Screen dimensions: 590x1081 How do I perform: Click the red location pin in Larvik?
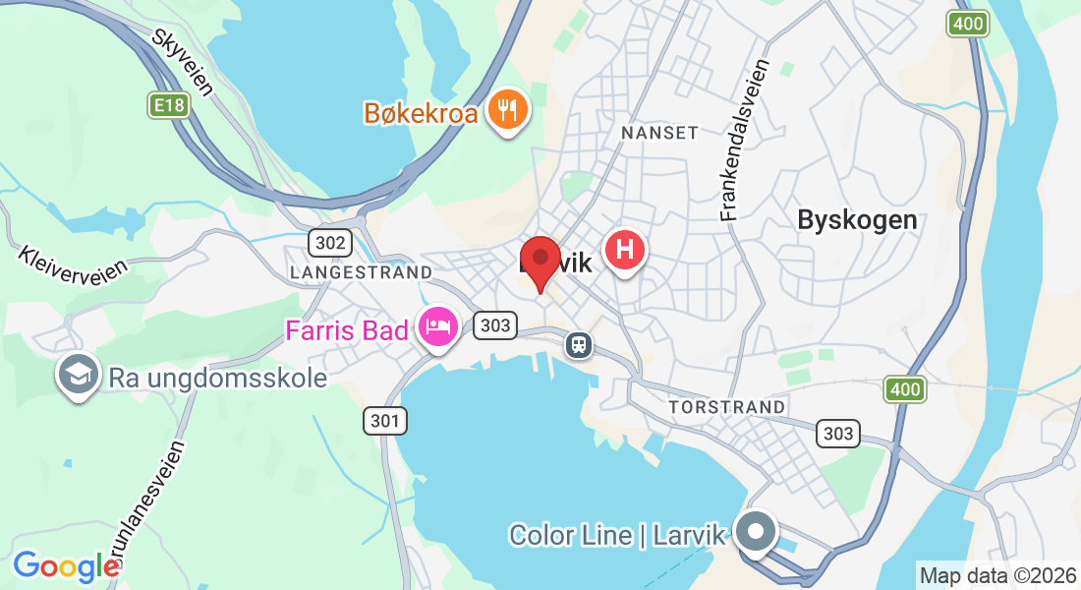(x=540, y=258)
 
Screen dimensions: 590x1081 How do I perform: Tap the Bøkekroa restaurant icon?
(x=507, y=109)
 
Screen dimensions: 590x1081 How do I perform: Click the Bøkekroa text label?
(x=421, y=113)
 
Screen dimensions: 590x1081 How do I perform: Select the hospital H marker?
(x=625, y=249)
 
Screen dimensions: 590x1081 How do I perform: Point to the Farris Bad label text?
(x=347, y=330)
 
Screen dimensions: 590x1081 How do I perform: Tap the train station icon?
(x=579, y=344)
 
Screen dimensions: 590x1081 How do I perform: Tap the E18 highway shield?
(x=168, y=105)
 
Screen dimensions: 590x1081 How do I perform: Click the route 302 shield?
(x=327, y=242)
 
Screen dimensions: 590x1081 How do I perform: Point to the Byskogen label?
(x=857, y=219)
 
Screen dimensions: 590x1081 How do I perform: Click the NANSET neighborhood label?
(x=659, y=132)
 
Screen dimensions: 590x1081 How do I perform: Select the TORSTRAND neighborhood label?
(x=726, y=406)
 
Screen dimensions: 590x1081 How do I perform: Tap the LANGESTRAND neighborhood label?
(x=361, y=271)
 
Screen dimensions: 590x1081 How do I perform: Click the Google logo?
(x=65, y=565)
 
